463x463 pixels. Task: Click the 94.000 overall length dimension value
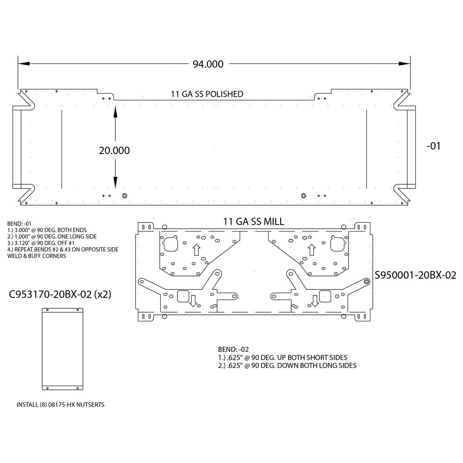pyautogui.click(x=208, y=64)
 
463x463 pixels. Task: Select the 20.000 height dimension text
pyautogui.click(x=114, y=150)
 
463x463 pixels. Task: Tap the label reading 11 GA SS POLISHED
pyautogui.click(x=207, y=94)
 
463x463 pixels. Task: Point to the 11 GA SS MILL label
pyautogui.click(x=253, y=222)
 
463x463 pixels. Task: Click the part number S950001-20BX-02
pyautogui.click(x=416, y=275)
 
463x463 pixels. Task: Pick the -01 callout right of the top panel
pyautogui.click(x=432, y=146)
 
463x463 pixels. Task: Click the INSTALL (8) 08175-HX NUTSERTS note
pyautogui.click(x=60, y=404)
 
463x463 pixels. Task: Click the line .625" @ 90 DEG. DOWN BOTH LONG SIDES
pyautogui.click(x=287, y=365)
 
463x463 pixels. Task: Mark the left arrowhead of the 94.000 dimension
pyautogui.click(x=21, y=64)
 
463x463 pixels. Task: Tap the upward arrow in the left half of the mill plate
pyautogui.click(x=196, y=250)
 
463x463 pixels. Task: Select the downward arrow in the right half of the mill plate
pyautogui.click(x=315, y=301)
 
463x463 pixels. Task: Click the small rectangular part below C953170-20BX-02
pyautogui.click(x=63, y=350)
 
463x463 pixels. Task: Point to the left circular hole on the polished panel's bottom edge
pyautogui.click(x=124, y=195)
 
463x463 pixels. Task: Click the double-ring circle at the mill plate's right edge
pyautogui.click(x=366, y=282)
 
